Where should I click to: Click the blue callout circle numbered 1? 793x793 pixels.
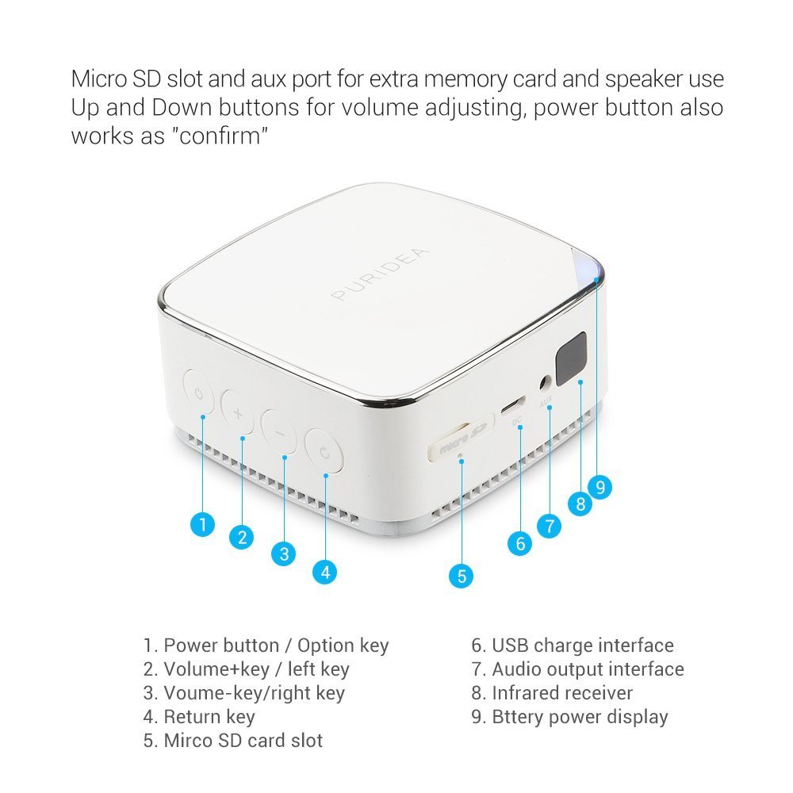(203, 523)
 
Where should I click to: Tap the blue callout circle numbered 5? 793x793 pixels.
(462, 575)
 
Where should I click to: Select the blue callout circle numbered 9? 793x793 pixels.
(600, 487)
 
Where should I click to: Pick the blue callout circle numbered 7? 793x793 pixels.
(549, 524)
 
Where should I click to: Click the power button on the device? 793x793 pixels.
(197, 393)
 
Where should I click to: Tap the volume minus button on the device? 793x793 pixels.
(278, 432)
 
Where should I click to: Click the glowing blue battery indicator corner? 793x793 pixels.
(592, 270)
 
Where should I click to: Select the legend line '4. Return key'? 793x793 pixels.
(199, 717)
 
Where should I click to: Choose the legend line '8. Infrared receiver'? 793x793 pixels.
(552, 693)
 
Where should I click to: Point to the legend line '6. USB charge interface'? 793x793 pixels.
(572, 646)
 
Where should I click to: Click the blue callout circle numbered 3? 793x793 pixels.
(284, 554)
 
